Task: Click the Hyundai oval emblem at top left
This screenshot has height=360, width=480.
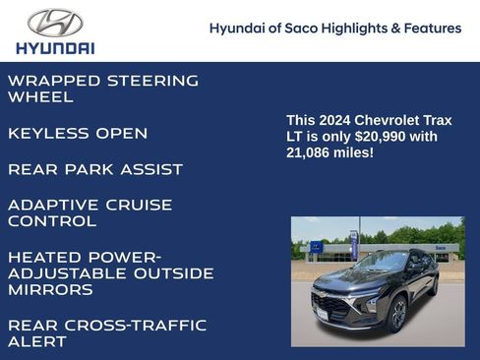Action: [x=55, y=23]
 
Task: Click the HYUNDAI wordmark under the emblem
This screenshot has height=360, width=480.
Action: [x=55, y=47]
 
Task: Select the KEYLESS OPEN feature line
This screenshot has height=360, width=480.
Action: [x=78, y=133]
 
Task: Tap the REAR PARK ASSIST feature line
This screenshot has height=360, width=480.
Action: [x=95, y=169]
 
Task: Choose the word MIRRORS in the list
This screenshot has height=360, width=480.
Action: [x=51, y=290]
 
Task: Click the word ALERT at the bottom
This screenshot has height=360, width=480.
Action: [x=37, y=341]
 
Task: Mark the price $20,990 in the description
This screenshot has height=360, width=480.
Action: [x=370, y=137]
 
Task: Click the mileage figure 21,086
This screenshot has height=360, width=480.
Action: [x=310, y=153]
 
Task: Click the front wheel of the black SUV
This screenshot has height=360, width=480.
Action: [x=397, y=315]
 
